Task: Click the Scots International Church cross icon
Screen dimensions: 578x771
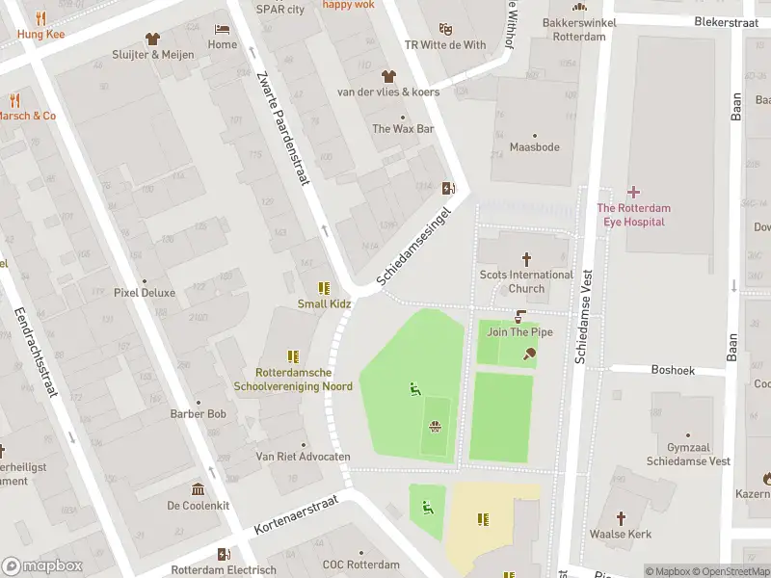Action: pyautogui.click(x=526, y=258)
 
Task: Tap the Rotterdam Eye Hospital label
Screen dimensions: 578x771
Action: pyautogui.click(x=632, y=215)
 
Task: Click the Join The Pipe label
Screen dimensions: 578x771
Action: pyautogui.click(x=519, y=332)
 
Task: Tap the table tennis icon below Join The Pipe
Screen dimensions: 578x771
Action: pyautogui.click(x=528, y=354)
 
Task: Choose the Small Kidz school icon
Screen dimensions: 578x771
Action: pyautogui.click(x=324, y=287)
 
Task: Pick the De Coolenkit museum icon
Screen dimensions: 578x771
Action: pyautogui.click(x=198, y=488)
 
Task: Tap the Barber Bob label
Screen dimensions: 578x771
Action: pyautogui.click(x=198, y=415)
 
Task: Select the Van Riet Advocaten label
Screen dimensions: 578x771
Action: pyautogui.click(x=303, y=457)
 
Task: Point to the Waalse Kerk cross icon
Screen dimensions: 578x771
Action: pyautogui.click(x=622, y=517)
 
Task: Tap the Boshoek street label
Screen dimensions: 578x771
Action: pyautogui.click(x=672, y=369)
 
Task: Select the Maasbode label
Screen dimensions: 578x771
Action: pyautogui.click(x=534, y=147)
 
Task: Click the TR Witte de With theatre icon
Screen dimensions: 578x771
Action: pyautogui.click(x=444, y=29)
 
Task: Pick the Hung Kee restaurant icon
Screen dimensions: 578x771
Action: pyautogui.click(x=40, y=18)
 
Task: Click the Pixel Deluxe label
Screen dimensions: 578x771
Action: pyautogui.click(x=145, y=292)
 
